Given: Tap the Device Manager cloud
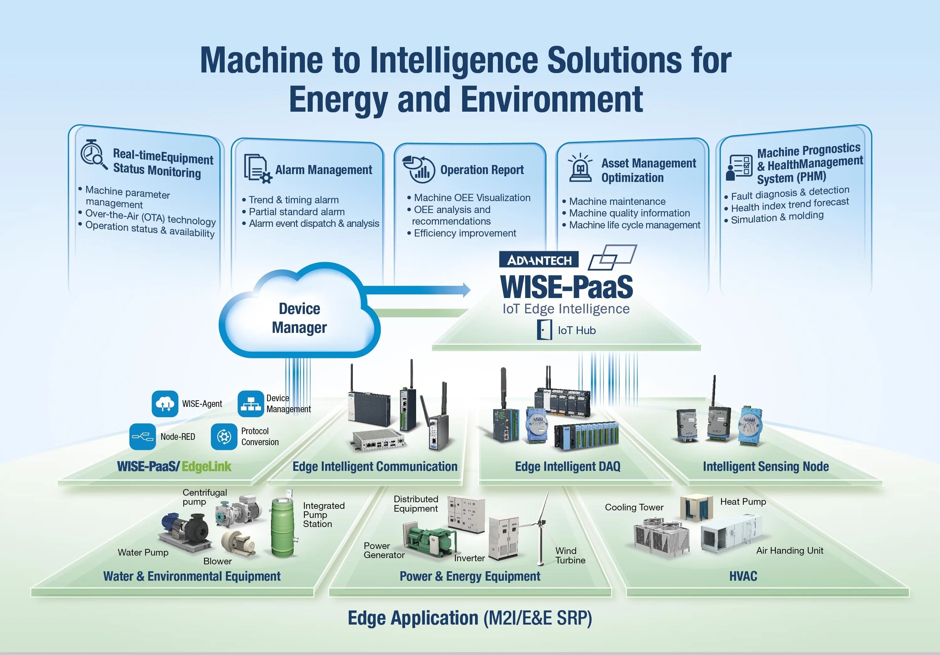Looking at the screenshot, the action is [299, 318].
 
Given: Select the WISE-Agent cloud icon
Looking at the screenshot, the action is [165, 404].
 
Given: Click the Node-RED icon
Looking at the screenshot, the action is [143, 437].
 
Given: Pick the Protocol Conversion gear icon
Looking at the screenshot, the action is [224, 437].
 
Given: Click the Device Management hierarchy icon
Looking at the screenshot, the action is [251, 404].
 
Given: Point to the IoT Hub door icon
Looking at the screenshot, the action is [544, 330].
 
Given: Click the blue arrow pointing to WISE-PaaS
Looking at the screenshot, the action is [418, 290].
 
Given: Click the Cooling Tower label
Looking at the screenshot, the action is [634, 508].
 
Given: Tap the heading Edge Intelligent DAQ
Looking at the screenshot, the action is [567, 466].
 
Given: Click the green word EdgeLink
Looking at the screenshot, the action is [206, 466].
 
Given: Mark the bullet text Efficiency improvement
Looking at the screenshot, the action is [465, 233].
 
